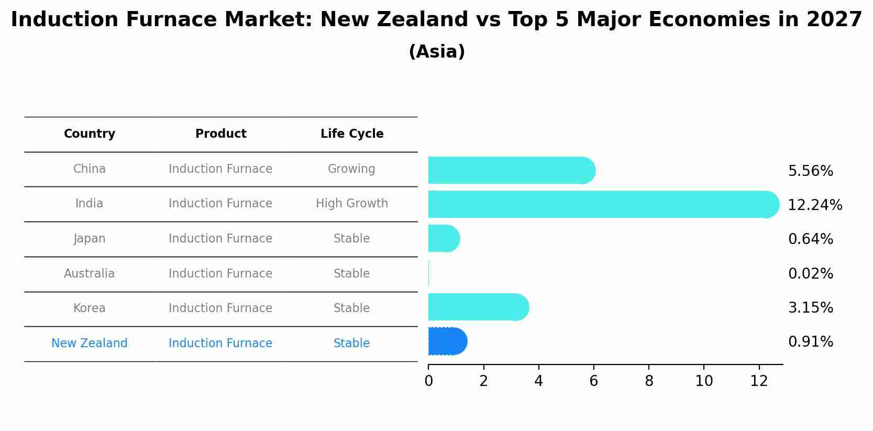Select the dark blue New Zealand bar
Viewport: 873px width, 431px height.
click(447, 341)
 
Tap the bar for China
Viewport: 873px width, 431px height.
click(511, 170)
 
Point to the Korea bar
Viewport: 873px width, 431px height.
click(478, 307)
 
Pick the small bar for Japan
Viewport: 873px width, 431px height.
click(443, 238)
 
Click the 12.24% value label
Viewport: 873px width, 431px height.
click(814, 205)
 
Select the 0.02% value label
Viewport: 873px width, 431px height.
click(810, 273)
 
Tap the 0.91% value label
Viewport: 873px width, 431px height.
click(810, 341)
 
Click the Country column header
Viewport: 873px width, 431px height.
click(90, 134)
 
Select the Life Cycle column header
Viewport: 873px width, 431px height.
click(352, 134)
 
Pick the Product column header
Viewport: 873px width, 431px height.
click(220, 134)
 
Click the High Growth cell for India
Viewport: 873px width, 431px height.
click(352, 203)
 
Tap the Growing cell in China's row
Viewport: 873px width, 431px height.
click(351, 169)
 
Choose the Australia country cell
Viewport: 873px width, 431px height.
click(89, 273)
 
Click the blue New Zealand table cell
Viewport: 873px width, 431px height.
click(90, 343)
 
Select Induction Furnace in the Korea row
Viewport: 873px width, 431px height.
click(220, 308)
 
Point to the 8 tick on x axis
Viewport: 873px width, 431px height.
click(649, 381)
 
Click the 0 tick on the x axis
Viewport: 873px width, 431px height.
click(428, 381)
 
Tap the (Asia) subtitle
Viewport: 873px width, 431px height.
click(436, 51)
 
